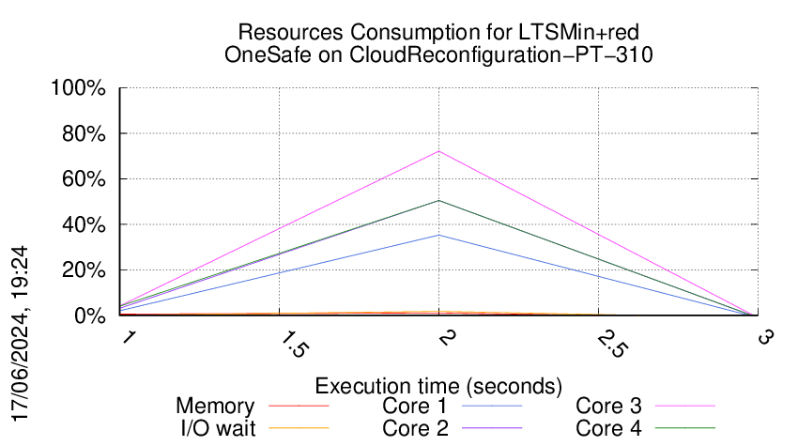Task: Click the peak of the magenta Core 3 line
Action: tap(438, 151)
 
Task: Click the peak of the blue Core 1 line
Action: tap(438, 235)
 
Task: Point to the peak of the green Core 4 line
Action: tap(438, 201)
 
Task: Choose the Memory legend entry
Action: tap(215, 407)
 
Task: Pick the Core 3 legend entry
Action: tap(608, 407)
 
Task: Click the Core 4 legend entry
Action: tap(608, 427)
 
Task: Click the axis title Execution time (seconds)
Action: tap(438, 386)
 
